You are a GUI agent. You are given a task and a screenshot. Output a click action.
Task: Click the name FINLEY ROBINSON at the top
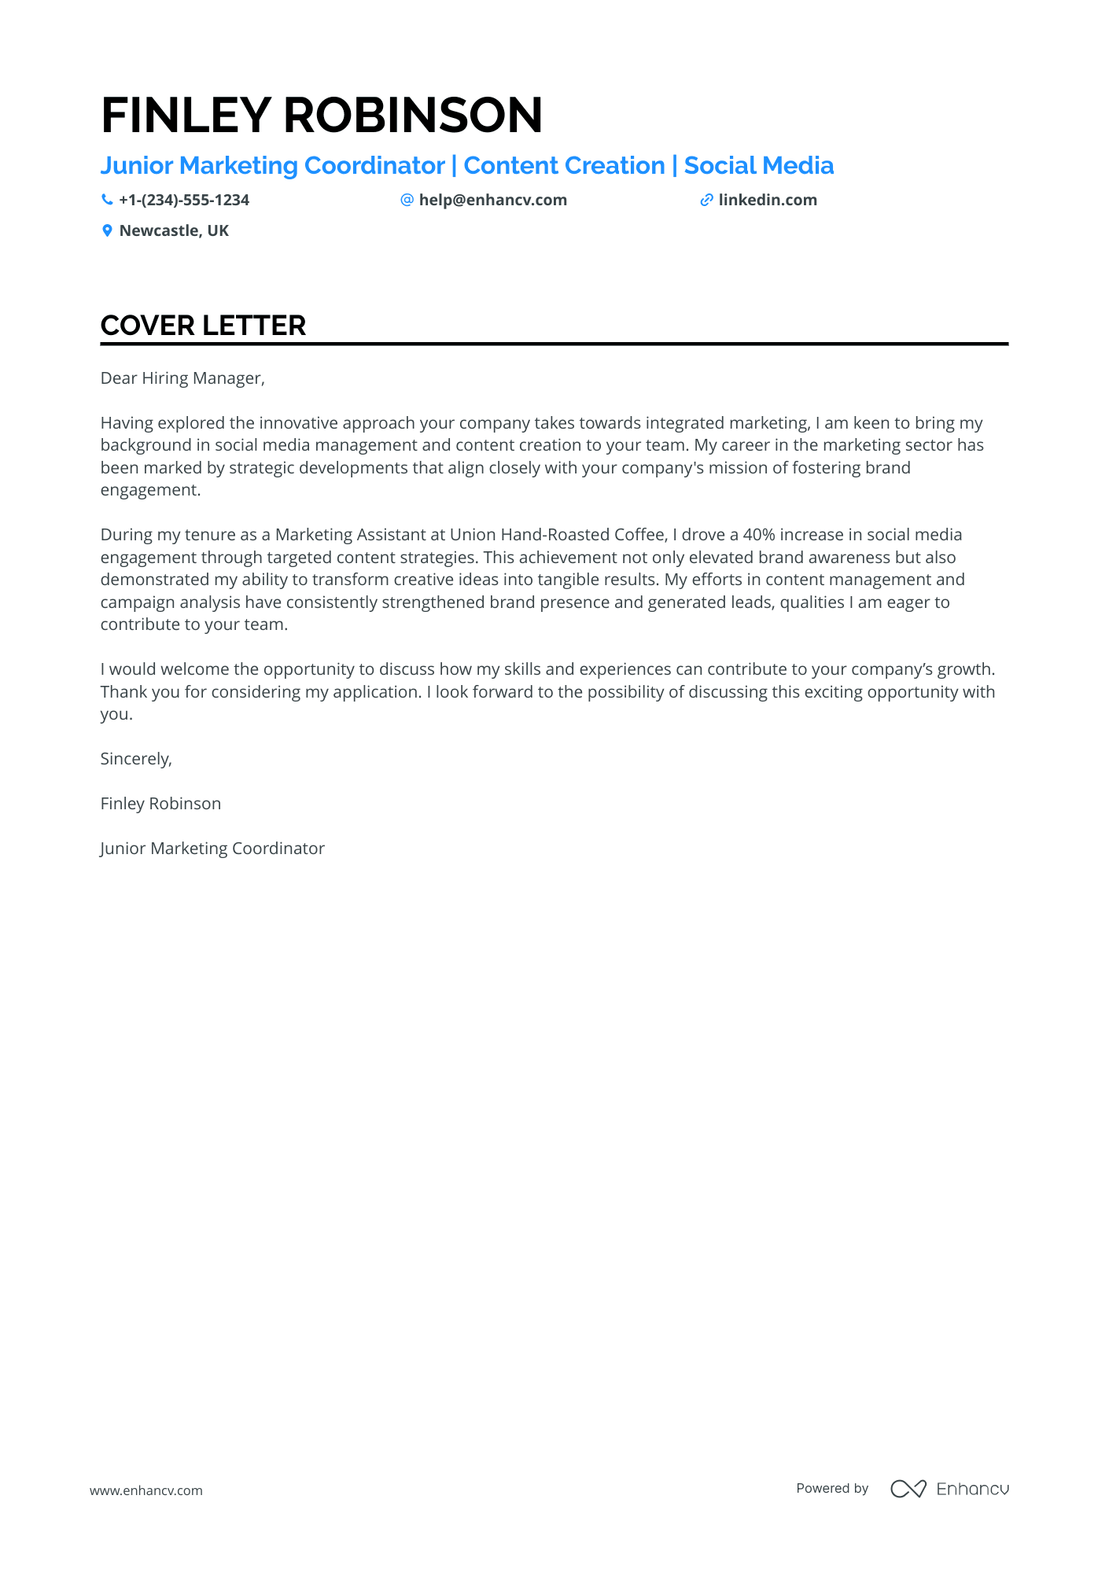click(x=321, y=116)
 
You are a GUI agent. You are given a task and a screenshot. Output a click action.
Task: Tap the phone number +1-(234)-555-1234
click(x=183, y=201)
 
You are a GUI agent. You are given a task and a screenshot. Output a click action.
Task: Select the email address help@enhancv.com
click(x=492, y=201)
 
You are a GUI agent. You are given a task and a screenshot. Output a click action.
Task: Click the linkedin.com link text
click(x=767, y=201)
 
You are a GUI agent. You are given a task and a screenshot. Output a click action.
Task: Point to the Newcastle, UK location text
click(x=174, y=231)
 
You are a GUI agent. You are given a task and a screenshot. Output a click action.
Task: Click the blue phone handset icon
click(x=107, y=201)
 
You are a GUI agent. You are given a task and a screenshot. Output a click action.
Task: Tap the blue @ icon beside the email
click(x=407, y=201)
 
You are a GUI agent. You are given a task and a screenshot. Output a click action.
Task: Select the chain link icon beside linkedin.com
click(x=706, y=201)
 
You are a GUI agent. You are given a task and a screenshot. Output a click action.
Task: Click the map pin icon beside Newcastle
click(x=107, y=231)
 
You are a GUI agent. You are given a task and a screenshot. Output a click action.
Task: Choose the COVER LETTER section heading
click(x=203, y=326)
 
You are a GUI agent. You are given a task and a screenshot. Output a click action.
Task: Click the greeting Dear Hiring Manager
click(x=182, y=378)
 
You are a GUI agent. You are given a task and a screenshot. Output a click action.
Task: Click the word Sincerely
click(x=135, y=759)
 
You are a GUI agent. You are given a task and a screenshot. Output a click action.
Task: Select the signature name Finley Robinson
click(x=160, y=804)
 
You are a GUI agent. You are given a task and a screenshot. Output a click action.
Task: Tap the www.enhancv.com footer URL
click(x=146, y=1490)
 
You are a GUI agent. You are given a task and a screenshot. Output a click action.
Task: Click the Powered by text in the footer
click(x=831, y=1488)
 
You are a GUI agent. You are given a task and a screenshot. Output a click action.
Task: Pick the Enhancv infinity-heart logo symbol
click(x=908, y=1489)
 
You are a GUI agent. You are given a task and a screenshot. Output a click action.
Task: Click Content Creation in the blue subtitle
click(x=564, y=166)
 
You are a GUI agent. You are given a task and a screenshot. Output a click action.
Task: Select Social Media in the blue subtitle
click(x=758, y=166)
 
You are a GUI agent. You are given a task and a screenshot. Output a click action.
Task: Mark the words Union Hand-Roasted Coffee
click(x=558, y=535)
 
